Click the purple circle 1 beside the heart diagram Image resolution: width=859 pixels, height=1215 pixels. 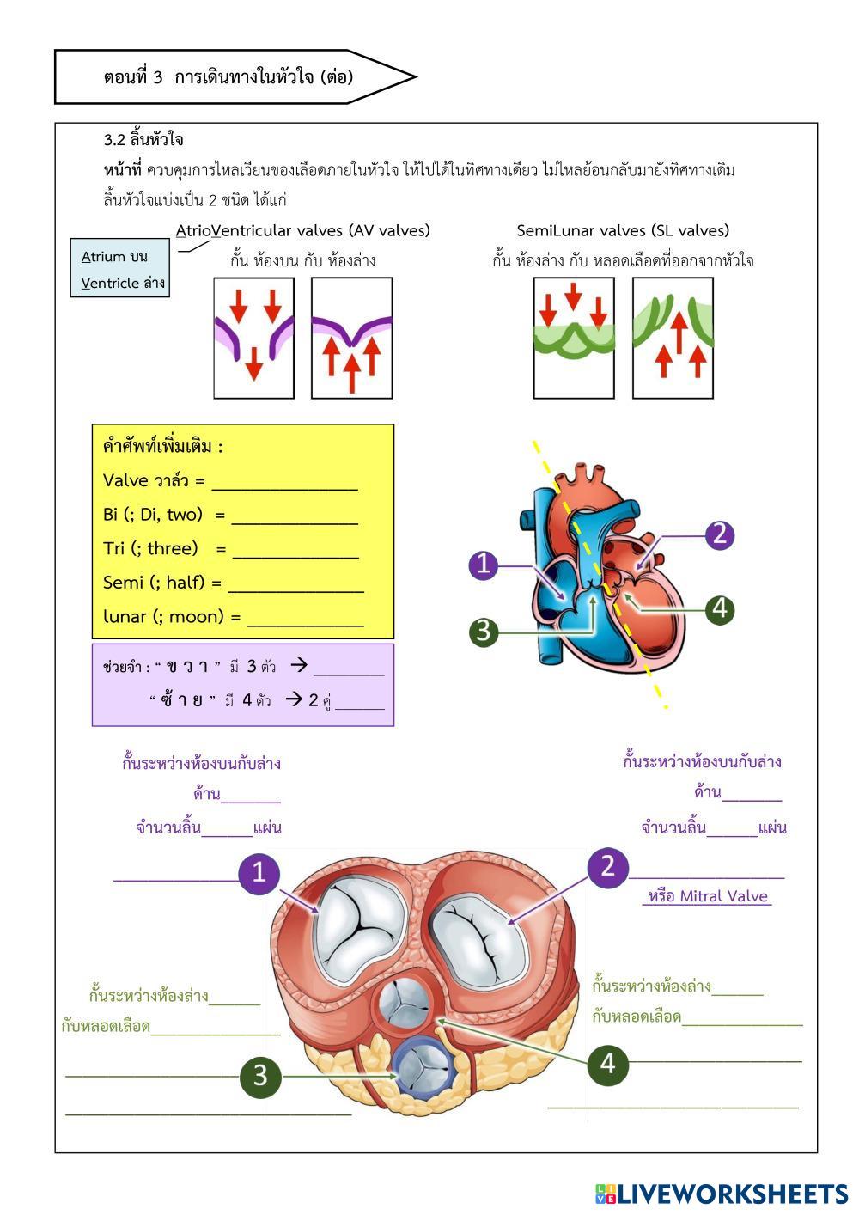click(x=484, y=565)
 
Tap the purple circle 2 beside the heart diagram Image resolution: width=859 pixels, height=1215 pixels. click(x=720, y=534)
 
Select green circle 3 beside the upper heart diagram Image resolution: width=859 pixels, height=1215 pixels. click(x=484, y=632)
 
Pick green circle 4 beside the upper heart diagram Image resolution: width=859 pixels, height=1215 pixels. click(x=720, y=609)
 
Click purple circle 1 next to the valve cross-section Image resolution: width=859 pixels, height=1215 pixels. click(x=259, y=873)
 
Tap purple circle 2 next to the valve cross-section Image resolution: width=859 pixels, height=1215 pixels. click(x=608, y=866)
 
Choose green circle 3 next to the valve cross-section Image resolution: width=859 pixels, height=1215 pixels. click(x=260, y=1076)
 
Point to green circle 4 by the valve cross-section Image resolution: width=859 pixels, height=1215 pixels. click(x=608, y=1064)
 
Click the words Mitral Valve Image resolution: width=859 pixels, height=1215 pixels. click(x=723, y=896)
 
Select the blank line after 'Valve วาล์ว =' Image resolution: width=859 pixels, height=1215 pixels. click(x=284, y=485)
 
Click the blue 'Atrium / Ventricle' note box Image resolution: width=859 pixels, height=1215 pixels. click(x=119, y=268)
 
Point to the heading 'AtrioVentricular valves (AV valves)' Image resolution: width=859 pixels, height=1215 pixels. click(x=303, y=230)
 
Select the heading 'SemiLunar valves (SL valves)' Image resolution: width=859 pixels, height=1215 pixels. click(x=623, y=230)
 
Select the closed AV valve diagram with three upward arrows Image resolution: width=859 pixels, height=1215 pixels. click(x=351, y=338)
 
